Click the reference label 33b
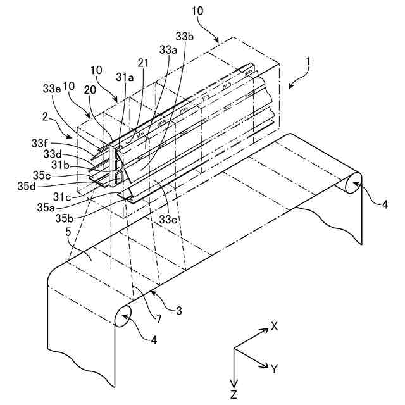pyautogui.click(x=185, y=37)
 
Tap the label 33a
pyautogui.click(x=168, y=49)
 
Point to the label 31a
pyautogui.click(x=125, y=78)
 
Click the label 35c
pyautogui.click(x=52, y=176)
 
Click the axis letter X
pyautogui.click(x=275, y=326)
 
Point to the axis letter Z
pyautogui.click(x=234, y=395)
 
